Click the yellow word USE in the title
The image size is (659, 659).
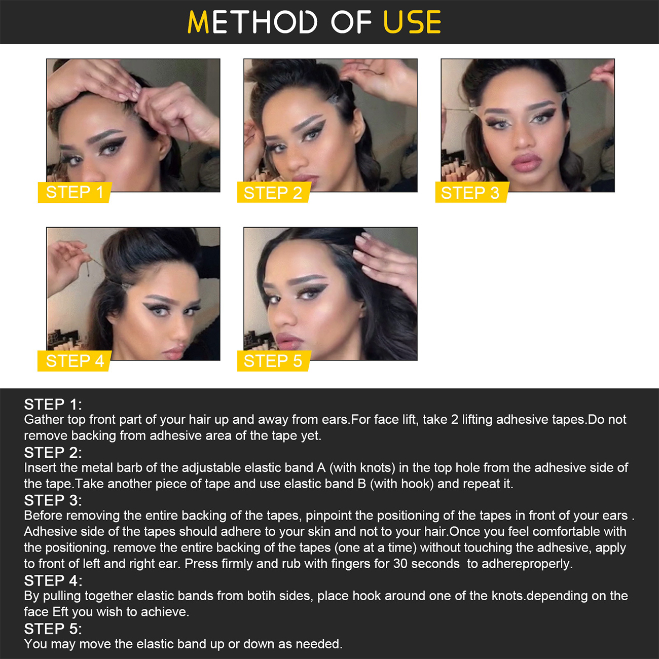pyautogui.click(x=412, y=22)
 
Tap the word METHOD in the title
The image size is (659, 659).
pyautogui.click(x=252, y=22)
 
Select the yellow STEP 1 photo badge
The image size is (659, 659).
pyautogui.click(x=75, y=192)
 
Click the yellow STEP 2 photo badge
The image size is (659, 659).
pyautogui.click(x=274, y=192)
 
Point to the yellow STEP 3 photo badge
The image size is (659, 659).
pyautogui.click(x=471, y=192)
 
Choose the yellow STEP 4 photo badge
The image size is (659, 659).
pyautogui.click(x=75, y=361)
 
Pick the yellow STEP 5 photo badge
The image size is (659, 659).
pyautogui.click(x=274, y=361)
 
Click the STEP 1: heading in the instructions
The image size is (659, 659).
pyautogui.click(x=53, y=405)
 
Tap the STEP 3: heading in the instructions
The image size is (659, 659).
pyautogui.click(x=53, y=501)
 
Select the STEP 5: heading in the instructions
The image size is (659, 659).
pyautogui.click(x=53, y=629)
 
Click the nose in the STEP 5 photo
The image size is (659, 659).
pyautogui.click(x=285, y=316)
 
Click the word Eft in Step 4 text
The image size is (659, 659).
pyautogui.click(x=60, y=612)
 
